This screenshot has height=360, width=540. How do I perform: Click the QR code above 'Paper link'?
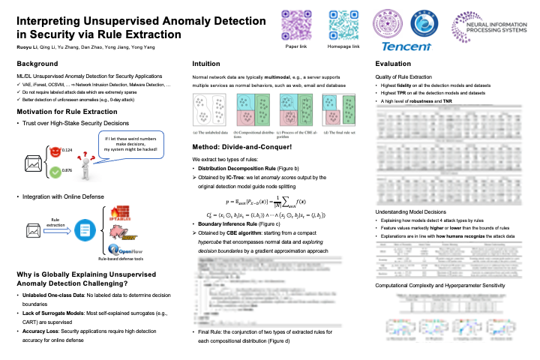click(295, 26)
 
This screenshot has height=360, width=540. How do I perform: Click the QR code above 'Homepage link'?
click(343, 26)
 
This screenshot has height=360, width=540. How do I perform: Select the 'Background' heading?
click(37, 64)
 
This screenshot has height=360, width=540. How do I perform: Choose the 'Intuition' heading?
click(206, 64)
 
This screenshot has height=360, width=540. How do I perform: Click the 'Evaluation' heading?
click(392, 64)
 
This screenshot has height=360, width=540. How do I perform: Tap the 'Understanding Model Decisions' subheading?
click(411, 213)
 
